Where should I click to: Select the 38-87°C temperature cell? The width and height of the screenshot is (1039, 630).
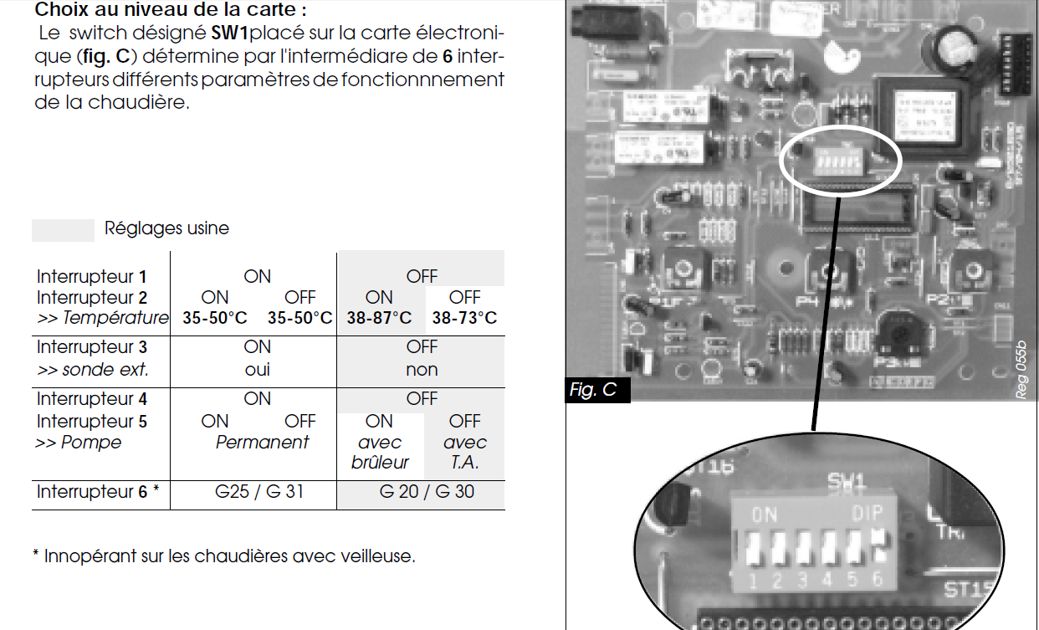tap(380, 318)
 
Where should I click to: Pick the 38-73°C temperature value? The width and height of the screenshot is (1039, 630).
tap(464, 318)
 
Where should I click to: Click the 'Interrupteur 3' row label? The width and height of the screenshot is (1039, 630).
tap(92, 347)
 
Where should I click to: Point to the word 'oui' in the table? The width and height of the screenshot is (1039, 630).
tap(257, 369)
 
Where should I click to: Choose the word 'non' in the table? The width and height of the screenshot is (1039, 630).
tap(422, 369)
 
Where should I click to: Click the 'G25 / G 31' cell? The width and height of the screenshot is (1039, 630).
tap(259, 492)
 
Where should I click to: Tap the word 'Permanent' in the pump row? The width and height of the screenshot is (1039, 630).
tap(262, 443)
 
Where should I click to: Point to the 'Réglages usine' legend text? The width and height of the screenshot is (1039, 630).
tap(166, 228)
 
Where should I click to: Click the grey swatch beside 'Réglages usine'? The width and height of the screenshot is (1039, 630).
tap(63, 230)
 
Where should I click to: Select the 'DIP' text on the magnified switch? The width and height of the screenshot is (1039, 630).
tap(868, 515)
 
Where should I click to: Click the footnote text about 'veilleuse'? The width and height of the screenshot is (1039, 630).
tap(223, 556)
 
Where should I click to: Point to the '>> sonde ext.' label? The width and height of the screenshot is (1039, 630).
tap(91, 369)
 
